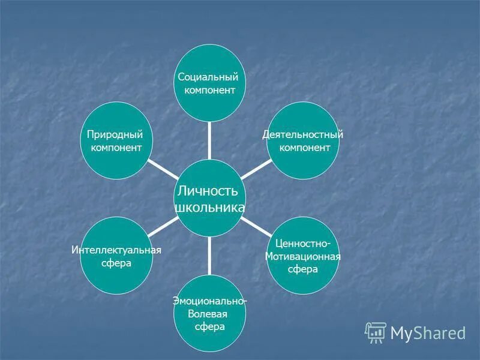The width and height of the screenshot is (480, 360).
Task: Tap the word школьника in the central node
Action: tap(209, 207)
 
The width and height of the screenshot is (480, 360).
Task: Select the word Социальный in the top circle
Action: tap(209, 77)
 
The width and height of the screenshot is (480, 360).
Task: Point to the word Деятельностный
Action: tap(303, 134)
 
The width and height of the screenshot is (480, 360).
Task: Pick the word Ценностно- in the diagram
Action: tap(302, 243)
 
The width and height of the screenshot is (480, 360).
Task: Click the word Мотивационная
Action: tap(303, 256)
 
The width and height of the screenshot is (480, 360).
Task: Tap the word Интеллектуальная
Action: tap(116, 250)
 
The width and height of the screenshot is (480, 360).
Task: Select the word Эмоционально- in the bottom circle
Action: tap(209, 301)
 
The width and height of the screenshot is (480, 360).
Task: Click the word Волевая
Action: tap(207, 313)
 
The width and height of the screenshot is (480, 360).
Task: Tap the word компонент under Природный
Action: tap(116, 147)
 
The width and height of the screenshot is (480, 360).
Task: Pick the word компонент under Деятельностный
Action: tap(305, 148)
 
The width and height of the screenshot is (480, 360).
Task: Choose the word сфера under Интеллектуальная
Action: tap(116, 263)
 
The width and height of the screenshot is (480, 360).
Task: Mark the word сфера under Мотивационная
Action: tap(302, 269)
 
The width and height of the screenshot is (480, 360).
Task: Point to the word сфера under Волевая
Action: tap(209, 326)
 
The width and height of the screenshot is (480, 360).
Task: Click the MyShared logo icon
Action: tap(376, 332)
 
